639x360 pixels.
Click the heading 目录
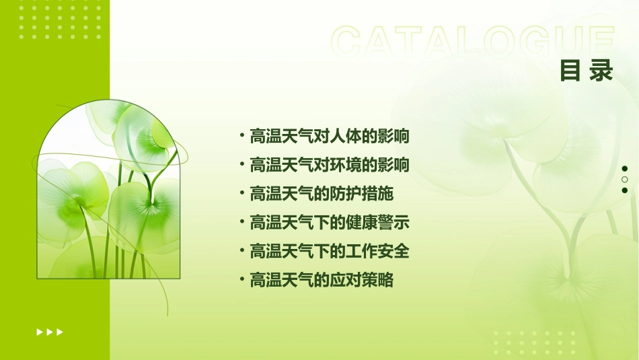587,70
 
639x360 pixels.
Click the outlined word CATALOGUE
473,42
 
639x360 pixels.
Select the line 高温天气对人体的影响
330,136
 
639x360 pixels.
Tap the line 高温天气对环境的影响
330,165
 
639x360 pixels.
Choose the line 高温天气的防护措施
322,194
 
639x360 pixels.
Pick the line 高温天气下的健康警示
330,223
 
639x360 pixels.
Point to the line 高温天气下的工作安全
330,252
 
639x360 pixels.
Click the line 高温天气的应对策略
322,281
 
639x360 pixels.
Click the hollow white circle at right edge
625,180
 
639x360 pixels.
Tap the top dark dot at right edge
625,169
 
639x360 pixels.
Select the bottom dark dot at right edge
625,190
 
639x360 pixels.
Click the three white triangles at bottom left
50,332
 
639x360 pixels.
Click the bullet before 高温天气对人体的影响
241,135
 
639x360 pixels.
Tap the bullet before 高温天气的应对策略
241,280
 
